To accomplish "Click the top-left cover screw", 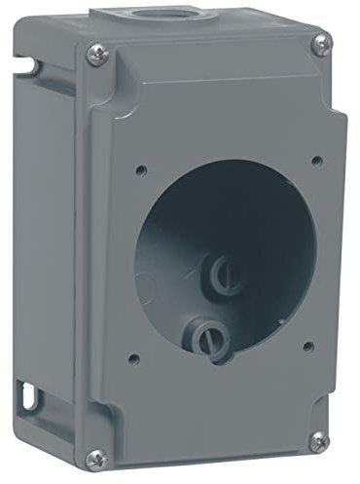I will click(x=95, y=55).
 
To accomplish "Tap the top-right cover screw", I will click(x=321, y=44).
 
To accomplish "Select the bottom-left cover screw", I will click(x=95, y=457).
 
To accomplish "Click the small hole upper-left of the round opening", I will click(x=141, y=169).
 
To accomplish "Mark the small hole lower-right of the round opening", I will click(x=308, y=345).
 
